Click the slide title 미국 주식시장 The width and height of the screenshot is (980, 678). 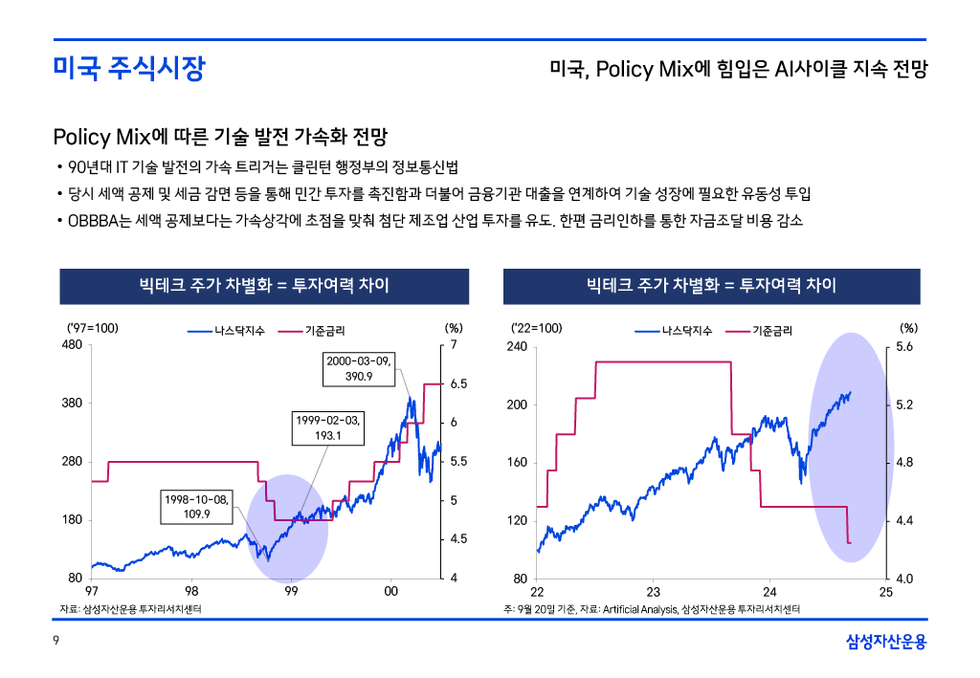click(x=128, y=69)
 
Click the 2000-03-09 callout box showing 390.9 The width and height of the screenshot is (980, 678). click(x=358, y=369)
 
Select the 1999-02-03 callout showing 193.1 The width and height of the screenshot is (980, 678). click(x=327, y=428)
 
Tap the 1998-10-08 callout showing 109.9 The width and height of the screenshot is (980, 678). click(x=196, y=507)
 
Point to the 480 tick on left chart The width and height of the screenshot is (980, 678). click(x=71, y=345)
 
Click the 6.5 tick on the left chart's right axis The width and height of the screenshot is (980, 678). click(x=458, y=383)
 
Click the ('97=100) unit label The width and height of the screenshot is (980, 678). click(x=92, y=328)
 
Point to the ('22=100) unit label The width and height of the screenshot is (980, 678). click(x=537, y=328)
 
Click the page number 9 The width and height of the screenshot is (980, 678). click(x=56, y=642)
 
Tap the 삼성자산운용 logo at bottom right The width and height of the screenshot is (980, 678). click(x=886, y=642)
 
